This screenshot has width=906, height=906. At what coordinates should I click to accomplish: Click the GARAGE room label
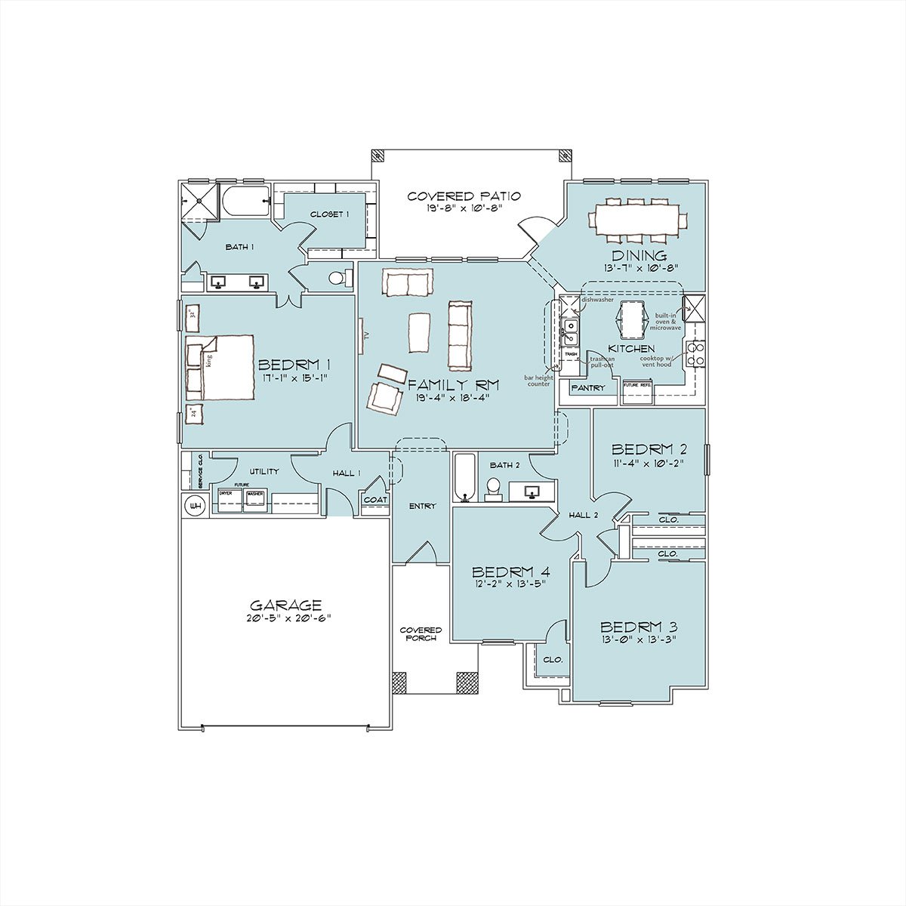click(x=285, y=605)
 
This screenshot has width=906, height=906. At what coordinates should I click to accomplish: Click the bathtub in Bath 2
click(x=464, y=477)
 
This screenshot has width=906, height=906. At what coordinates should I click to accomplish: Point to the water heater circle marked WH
click(x=196, y=504)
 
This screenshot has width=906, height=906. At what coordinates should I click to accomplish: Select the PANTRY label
click(x=588, y=388)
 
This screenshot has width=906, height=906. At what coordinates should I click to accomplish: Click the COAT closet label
click(x=375, y=500)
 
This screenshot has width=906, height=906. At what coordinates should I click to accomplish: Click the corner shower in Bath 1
click(x=200, y=201)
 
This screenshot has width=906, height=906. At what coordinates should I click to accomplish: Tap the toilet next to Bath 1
click(x=340, y=278)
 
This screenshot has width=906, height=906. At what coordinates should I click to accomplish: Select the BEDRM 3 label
click(x=638, y=627)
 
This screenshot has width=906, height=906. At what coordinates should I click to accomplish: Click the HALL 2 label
click(x=583, y=515)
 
